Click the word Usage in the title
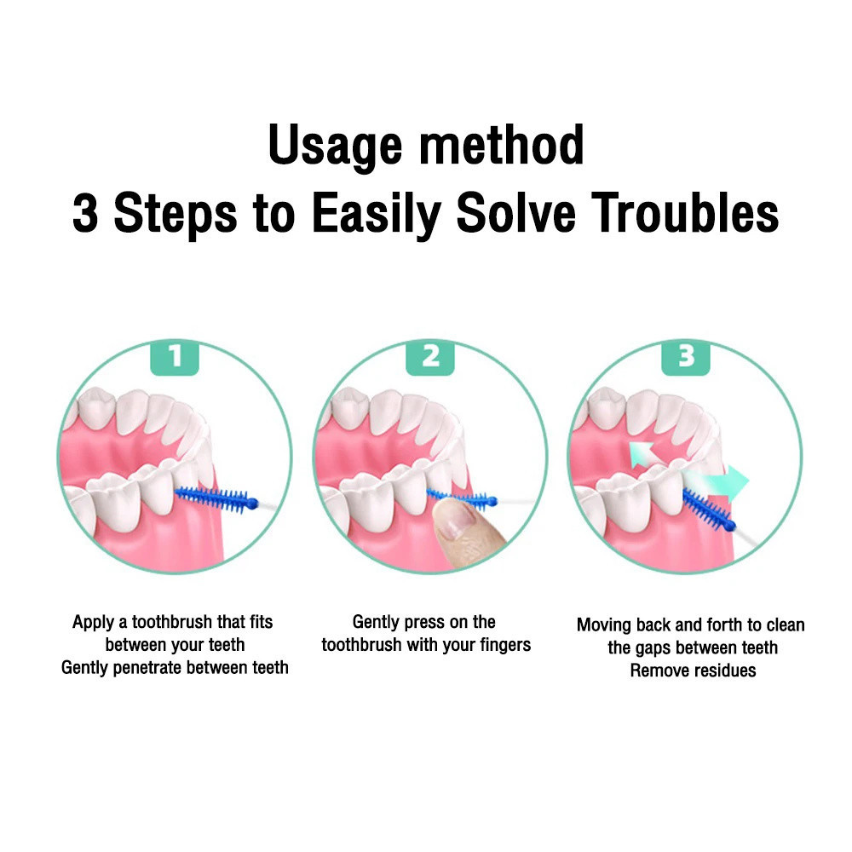click(335, 147)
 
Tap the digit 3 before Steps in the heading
click(85, 213)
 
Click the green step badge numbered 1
click(175, 357)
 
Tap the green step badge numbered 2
click(429, 357)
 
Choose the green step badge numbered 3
click(686, 357)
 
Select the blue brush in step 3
click(708, 510)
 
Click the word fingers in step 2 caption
click(504, 646)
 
